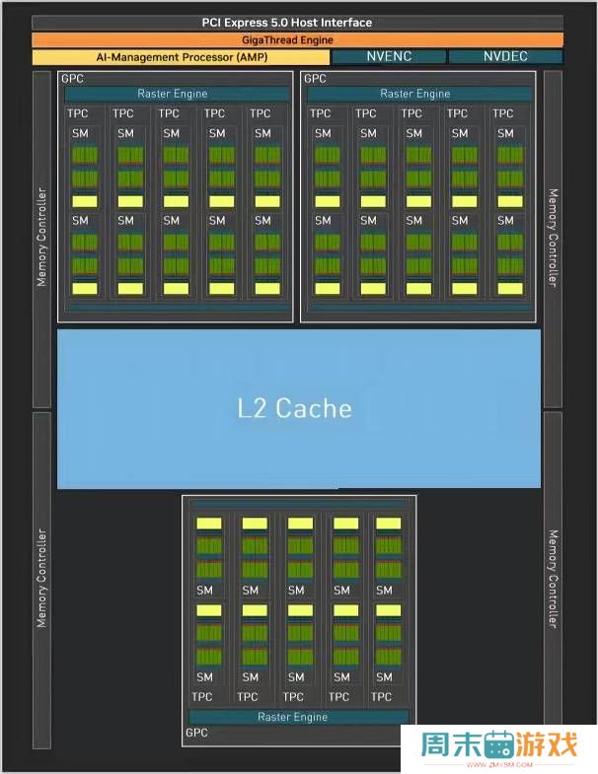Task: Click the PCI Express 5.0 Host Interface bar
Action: pyautogui.click(x=298, y=23)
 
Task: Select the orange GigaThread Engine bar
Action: pyautogui.click(x=298, y=40)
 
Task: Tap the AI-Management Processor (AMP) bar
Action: pyautogui.click(x=180, y=57)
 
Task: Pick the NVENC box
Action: pyautogui.click(x=388, y=57)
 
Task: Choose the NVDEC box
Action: pyautogui.click(x=505, y=57)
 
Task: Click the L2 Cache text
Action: pyautogui.click(x=294, y=408)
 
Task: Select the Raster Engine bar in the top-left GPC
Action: pyautogui.click(x=173, y=94)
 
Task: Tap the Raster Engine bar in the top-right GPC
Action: pyautogui.click(x=414, y=94)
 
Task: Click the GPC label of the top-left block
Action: pyautogui.click(x=71, y=78)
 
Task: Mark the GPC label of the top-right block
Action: pyautogui.click(x=314, y=78)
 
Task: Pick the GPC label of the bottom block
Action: pyautogui.click(x=196, y=733)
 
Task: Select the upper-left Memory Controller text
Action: pyautogui.click(x=41, y=237)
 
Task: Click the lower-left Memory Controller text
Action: pyautogui.click(x=41, y=578)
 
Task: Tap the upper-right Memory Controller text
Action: pyautogui.click(x=553, y=237)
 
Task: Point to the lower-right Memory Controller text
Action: pyautogui.click(x=553, y=578)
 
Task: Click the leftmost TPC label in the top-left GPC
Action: pyautogui.click(x=78, y=114)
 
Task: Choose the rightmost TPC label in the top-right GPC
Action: pyautogui.click(x=503, y=114)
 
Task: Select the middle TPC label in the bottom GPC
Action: pyautogui.click(x=294, y=697)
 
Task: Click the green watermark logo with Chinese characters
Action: pyautogui.click(x=498, y=746)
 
